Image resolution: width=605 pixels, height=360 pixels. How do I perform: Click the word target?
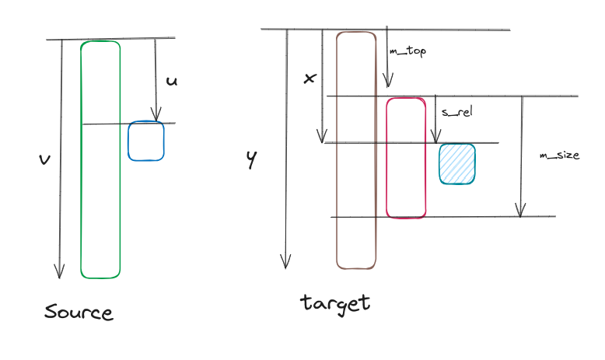335,302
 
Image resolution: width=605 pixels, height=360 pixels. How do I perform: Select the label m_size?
560,156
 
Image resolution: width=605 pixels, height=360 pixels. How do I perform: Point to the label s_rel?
457,112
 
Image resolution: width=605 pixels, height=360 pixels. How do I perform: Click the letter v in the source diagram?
44,159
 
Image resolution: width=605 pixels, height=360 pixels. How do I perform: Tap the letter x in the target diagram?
309,79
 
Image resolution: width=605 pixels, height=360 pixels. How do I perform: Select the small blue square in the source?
146,141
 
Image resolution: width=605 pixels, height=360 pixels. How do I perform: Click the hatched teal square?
457,163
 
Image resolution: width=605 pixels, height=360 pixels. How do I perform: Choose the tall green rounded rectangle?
100,159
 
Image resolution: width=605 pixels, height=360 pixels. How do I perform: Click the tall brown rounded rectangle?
356,150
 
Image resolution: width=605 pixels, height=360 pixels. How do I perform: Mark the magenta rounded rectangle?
407,158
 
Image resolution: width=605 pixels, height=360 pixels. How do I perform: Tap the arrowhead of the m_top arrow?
388,82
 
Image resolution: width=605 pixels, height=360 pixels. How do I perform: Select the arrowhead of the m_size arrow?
521,211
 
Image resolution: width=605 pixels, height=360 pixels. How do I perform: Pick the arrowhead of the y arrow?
286,263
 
